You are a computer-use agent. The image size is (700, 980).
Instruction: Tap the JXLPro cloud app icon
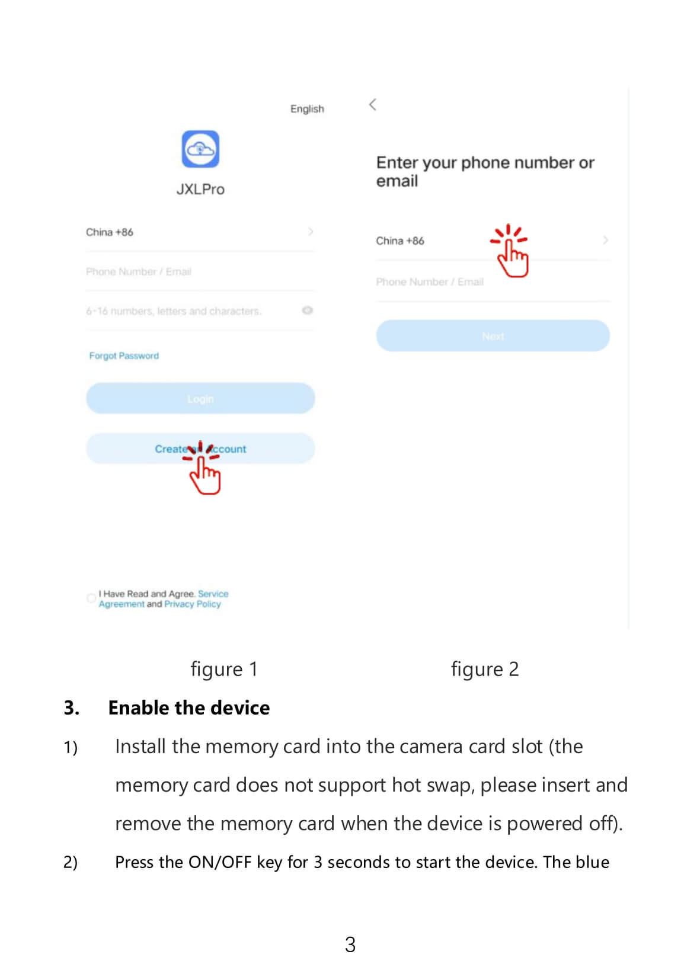point(200,149)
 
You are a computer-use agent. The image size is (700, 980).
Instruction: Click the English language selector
point(307,109)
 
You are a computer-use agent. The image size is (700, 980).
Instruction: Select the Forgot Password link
point(124,356)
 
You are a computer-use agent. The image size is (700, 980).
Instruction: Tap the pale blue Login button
point(200,399)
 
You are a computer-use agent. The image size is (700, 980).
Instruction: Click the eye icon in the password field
point(307,310)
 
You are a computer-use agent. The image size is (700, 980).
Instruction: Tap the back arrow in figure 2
point(373,105)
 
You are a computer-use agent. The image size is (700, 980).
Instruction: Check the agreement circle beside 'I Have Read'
point(91,598)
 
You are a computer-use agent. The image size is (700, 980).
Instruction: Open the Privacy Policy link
point(192,604)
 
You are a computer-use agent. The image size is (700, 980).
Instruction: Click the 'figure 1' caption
point(223,669)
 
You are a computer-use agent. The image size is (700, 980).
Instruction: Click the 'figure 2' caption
point(484,669)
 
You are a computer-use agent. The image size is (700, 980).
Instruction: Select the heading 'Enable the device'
point(188,707)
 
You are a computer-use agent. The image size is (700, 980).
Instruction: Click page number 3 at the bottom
point(350,944)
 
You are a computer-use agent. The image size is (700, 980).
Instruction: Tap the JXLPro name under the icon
point(200,190)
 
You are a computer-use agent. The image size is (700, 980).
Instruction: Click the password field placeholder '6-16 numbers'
point(174,311)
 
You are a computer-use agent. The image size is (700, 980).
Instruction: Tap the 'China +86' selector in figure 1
point(110,232)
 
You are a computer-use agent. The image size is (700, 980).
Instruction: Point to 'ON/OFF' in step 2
point(220,862)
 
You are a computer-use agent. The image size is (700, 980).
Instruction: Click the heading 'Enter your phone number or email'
point(484,171)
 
